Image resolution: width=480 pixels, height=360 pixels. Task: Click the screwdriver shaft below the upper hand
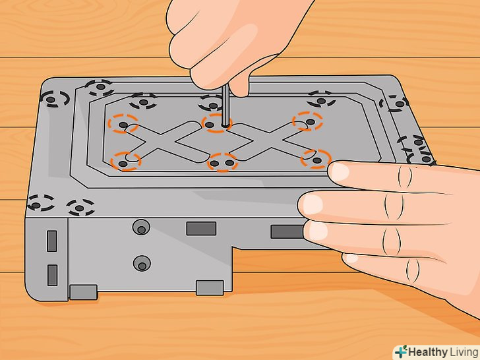click(x=225, y=105)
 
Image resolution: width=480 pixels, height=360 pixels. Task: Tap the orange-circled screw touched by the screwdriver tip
click(x=210, y=125)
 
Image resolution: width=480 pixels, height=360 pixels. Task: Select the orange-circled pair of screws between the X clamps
click(x=222, y=163)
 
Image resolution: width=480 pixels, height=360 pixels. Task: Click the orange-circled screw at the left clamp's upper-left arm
click(x=123, y=125)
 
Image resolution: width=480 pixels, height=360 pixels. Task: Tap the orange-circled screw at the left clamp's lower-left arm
click(x=123, y=164)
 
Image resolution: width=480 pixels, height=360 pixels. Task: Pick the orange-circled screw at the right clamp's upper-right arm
click(x=311, y=122)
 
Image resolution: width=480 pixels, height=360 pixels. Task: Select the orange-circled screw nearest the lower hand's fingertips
click(x=317, y=160)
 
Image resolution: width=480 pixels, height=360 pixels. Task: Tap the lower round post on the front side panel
click(x=142, y=264)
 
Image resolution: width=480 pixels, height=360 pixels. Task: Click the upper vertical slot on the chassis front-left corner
click(x=51, y=241)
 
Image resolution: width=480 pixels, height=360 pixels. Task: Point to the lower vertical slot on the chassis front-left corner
click(x=52, y=275)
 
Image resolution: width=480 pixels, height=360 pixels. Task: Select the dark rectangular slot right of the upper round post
click(x=201, y=229)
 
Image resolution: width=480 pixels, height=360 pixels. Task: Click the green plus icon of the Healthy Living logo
click(x=401, y=351)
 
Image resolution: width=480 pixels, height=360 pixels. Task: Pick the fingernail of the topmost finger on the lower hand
click(x=338, y=171)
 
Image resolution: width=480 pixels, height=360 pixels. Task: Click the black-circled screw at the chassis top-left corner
click(x=51, y=100)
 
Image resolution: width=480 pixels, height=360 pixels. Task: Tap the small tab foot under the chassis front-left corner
click(x=83, y=292)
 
